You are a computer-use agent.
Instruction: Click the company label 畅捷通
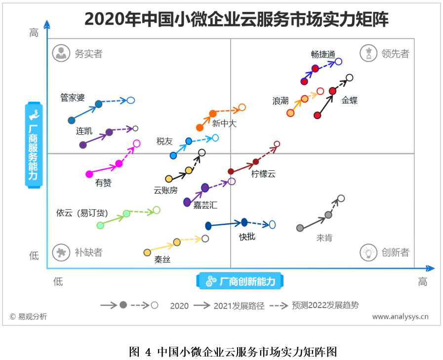point(323,54)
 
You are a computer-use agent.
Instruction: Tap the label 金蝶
point(349,100)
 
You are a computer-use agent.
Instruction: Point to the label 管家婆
point(72,97)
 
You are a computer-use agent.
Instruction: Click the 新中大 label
point(224,124)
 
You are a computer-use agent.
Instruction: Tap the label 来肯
point(324,238)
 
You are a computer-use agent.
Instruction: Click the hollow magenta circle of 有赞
point(137,144)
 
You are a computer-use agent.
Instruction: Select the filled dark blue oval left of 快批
point(208,226)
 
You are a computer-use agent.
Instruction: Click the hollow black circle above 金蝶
point(350,78)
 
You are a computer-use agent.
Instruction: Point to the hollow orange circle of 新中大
point(242,107)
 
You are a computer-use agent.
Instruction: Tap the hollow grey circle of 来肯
point(341,199)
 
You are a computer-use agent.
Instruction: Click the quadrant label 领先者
point(395,54)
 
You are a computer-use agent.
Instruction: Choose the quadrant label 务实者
point(88,54)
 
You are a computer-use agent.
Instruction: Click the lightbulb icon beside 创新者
point(368,252)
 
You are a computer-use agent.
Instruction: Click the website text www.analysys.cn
point(400,317)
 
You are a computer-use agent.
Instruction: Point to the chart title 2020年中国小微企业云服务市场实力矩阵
point(236,19)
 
